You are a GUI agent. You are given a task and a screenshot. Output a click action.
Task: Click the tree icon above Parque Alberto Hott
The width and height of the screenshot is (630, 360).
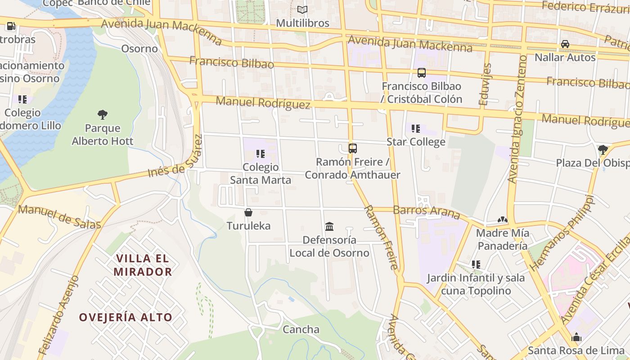tap(103, 114)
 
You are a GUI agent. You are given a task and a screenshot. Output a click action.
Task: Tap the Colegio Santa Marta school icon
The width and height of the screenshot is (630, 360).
tap(261, 154)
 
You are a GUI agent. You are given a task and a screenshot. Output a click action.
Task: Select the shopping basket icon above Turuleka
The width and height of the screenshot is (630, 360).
tap(248, 212)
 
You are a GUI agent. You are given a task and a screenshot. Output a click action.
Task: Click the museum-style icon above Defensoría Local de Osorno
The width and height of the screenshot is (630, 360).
tap(329, 226)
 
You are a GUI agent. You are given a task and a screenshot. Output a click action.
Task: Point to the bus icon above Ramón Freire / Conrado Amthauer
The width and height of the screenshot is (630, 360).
tap(353, 148)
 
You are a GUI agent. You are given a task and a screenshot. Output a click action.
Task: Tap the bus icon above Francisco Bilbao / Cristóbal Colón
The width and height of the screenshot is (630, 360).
tap(422, 72)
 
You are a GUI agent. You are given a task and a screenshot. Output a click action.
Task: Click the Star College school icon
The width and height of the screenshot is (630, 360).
tap(416, 129)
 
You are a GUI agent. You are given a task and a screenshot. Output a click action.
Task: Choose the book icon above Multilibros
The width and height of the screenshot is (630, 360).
tap(302, 9)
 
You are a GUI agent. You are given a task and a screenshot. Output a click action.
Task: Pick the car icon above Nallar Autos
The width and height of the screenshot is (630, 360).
tap(565, 44)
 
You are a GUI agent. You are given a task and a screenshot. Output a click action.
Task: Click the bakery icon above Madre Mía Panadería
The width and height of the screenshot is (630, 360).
tap(503, 220)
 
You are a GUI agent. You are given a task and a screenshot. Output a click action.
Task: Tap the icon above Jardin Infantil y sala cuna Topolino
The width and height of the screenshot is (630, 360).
tap(476, 265)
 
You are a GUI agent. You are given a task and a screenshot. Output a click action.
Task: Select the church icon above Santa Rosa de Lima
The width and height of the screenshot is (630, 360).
tap(576, 337)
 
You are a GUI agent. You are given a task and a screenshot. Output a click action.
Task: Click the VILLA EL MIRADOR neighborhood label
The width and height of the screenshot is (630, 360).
tap(143, 265)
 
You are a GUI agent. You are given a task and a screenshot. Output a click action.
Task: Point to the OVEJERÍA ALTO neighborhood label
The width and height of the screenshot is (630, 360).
tap(126, 317)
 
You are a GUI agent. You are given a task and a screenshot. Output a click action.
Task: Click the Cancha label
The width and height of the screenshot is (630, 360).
tap(301, 329)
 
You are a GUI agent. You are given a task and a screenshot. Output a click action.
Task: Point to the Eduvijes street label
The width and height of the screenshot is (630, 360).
tap(485, 84)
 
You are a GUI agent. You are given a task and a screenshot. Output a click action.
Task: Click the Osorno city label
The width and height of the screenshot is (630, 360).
tap(139, 49)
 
